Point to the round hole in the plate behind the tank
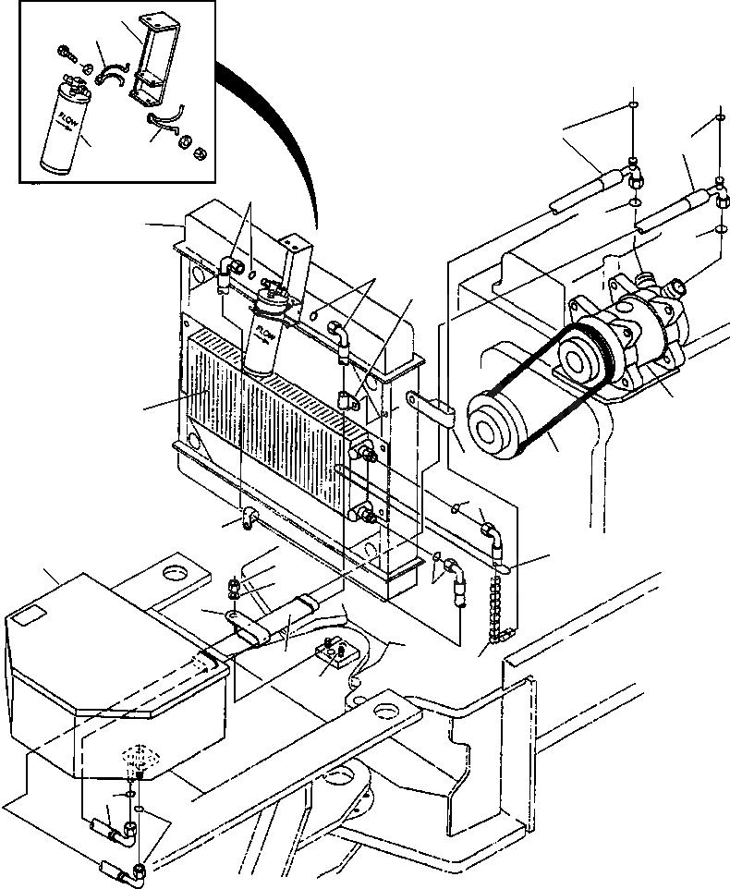click(x=174, y=574)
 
